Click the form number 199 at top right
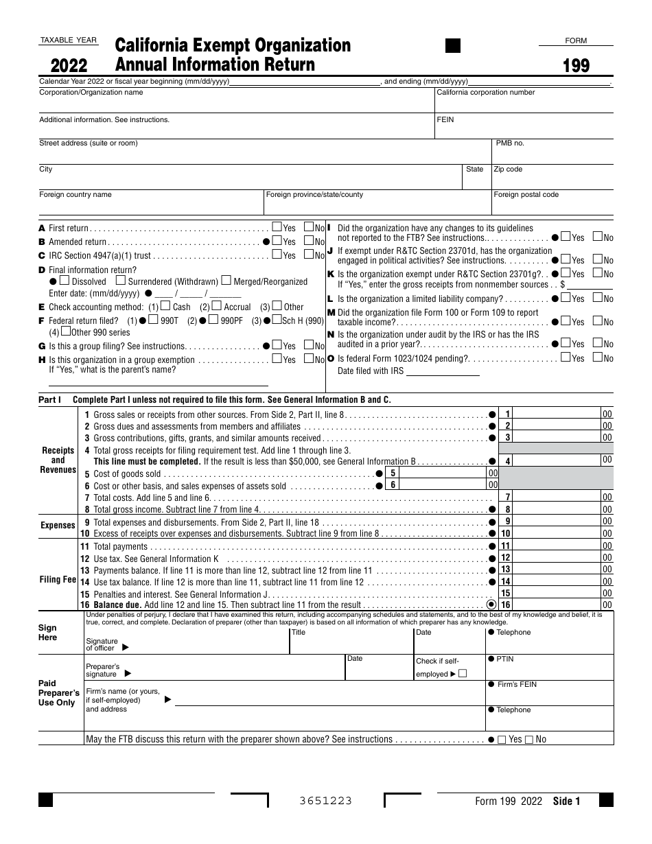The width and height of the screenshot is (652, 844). click(576, 66)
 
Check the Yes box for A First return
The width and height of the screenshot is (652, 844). click(277, 227)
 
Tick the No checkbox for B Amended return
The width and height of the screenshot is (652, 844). click(309, 241)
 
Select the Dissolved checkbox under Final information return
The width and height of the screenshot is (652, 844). click(65, 281)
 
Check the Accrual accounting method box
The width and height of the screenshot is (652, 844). click(217, 306)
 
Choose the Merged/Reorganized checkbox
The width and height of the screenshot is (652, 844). click(226, 281)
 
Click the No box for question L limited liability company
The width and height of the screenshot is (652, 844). click(597, 298)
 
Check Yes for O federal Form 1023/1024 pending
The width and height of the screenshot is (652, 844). click(566, 357)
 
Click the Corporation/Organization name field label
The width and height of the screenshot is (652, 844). click(91, 92)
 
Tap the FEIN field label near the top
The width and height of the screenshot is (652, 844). click(445, 119)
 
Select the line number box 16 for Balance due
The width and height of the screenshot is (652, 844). click(506, 605)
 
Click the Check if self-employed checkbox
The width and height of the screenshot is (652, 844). click(462, 674)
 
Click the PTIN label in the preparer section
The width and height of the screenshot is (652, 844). click(504, 659)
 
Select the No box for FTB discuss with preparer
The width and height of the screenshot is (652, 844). click(528, 740)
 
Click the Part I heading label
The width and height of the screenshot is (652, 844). click(50, 399)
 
